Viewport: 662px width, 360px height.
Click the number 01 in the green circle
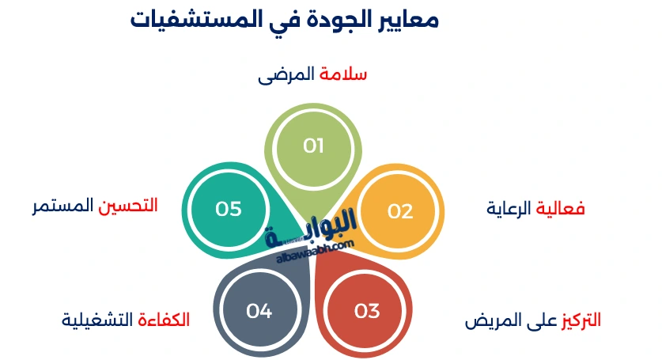[314, 146]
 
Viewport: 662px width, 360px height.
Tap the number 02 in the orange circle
[400, 211]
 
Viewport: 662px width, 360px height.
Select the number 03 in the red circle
[367, 311]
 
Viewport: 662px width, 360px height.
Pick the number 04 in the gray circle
[259, 311]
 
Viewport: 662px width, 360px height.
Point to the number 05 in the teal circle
[228, 209]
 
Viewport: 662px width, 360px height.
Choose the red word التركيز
[581, 320]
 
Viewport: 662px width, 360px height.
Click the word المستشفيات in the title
[183, 20]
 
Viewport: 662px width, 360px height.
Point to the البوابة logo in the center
[316, 231]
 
